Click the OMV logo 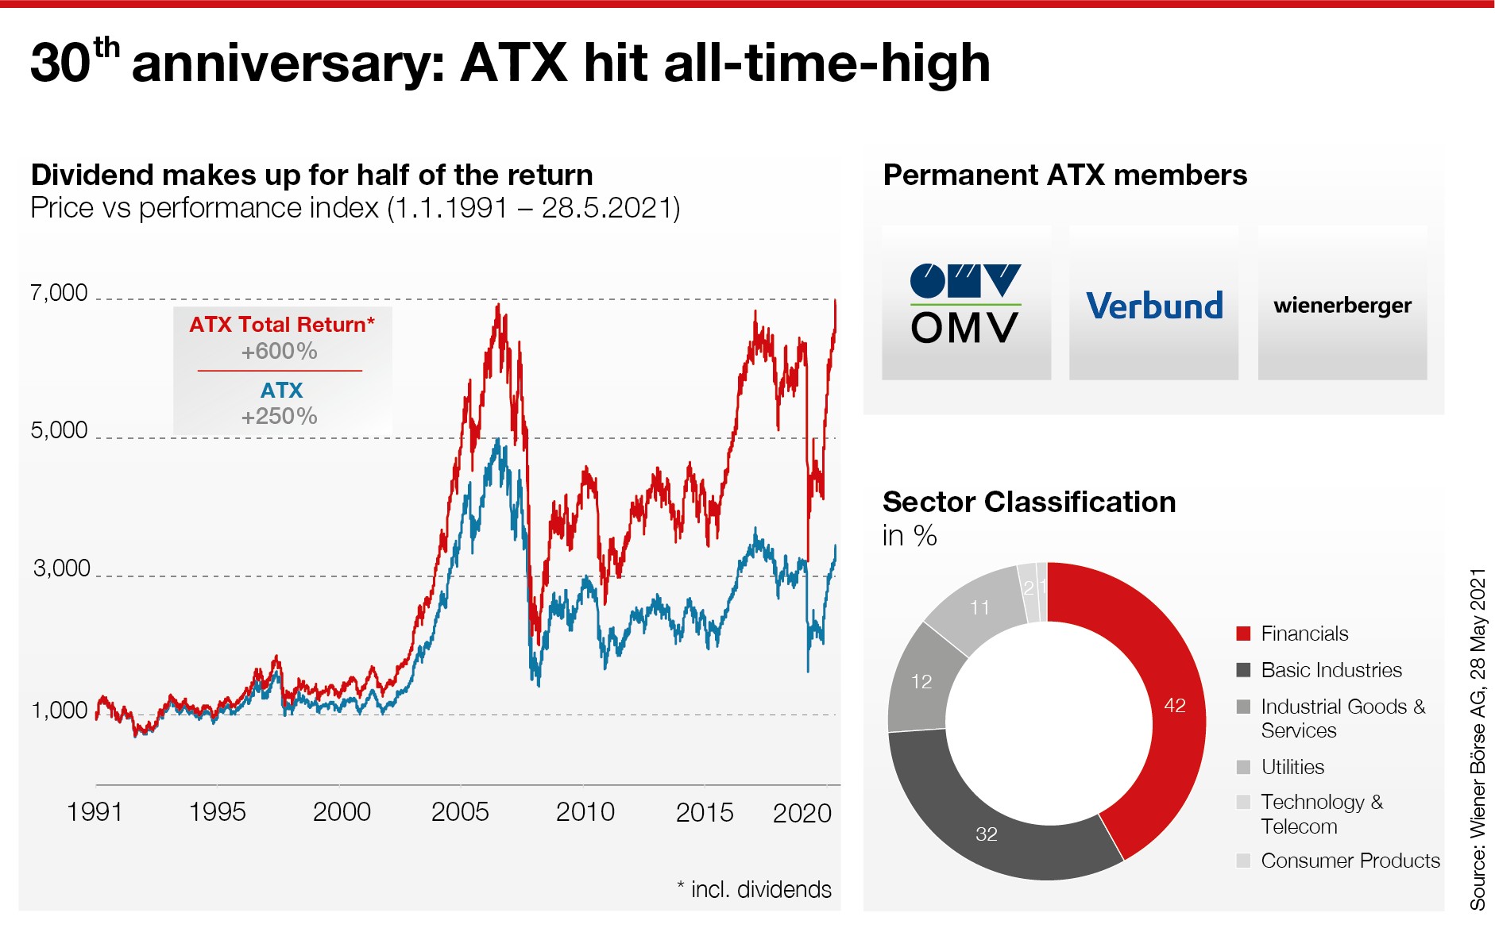tap(965, 304)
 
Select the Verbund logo tap(1154, 306)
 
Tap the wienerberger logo tap(1342, 306)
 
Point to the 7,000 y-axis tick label tap(59, 293)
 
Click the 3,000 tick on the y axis tap(61, 568)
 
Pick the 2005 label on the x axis tap(460, 812)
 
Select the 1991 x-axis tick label tap(95, 812)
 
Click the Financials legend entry tap(1304, 634)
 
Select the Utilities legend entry tap(1292, 767)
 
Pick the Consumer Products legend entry tap(1350, 861)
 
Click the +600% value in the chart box tap(280, 351)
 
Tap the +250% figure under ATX tap(280, 416)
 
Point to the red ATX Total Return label tap(281, 325)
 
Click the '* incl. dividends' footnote tap(754, 889)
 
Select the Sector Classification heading tap(1029, 502)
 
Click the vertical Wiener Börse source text tap(1478, 738)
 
